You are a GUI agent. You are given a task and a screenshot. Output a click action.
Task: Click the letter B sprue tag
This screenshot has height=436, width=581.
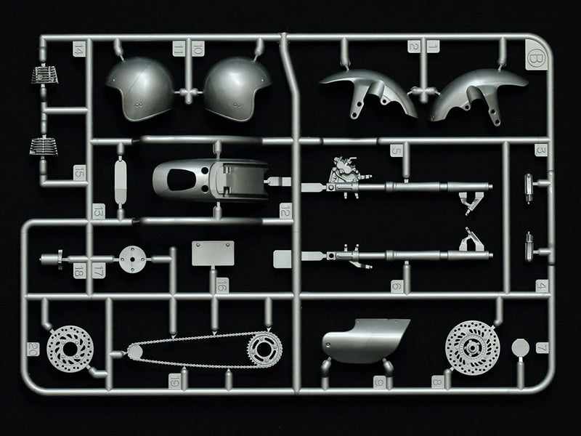pyautogui.click(x=535, y=56)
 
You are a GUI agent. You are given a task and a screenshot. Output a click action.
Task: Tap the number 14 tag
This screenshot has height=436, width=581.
pyautogui.click(x=79, y=49)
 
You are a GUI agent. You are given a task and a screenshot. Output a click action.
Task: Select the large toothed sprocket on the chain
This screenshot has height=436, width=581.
pyautogui.click(x=264, y=350)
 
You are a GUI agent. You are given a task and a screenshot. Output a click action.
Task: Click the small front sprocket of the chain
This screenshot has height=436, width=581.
pyautogui.click(x=134, y=352)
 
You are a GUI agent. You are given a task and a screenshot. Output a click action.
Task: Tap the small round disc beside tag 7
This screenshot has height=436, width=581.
pyautogui.click(x=520, y=347)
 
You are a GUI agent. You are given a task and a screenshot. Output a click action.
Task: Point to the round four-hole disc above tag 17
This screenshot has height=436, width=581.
pyautogui.click(x=132, y=259)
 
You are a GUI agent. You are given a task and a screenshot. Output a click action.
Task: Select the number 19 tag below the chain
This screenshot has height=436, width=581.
pyautogui.click(x=174, y=380)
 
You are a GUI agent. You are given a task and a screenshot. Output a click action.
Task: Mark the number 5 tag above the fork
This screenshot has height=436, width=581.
pyautogui.click(x=396, y=150)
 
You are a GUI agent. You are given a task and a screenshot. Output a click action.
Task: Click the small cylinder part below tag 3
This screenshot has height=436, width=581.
pyautogui.click(x=529, y=187)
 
